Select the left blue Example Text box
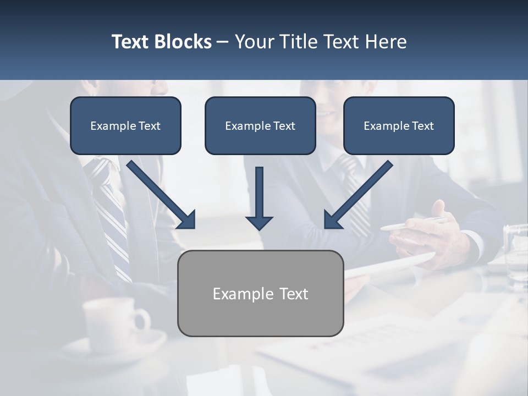click(125, 125)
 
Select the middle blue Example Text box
click(260, 125)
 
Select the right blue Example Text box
click(399, 125)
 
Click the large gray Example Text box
click(261, 293)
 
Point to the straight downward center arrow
click(259, 193)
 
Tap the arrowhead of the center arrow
click(259, 222)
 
